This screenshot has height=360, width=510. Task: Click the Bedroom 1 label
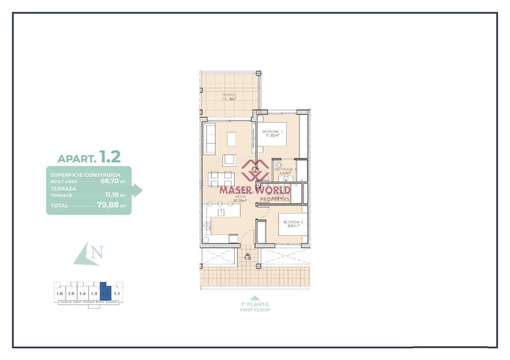(272, 131)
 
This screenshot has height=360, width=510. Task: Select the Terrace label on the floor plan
(229, 95)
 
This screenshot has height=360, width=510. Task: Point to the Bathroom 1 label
(286, 169)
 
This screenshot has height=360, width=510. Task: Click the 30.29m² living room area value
(240, 201)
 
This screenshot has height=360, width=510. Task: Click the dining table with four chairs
(220, 179)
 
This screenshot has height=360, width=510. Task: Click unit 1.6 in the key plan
(60, 294)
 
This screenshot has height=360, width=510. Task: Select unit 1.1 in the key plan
(117, 294)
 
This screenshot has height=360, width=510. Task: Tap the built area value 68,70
(109, 181)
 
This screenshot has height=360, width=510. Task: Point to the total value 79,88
(107, 205)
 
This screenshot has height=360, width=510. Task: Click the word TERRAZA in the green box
(63, 189)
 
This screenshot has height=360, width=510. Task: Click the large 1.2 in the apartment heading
(110, 157)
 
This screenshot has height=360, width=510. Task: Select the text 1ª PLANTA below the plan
(255, 304)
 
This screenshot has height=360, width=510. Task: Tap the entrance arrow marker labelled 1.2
(247, 256)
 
